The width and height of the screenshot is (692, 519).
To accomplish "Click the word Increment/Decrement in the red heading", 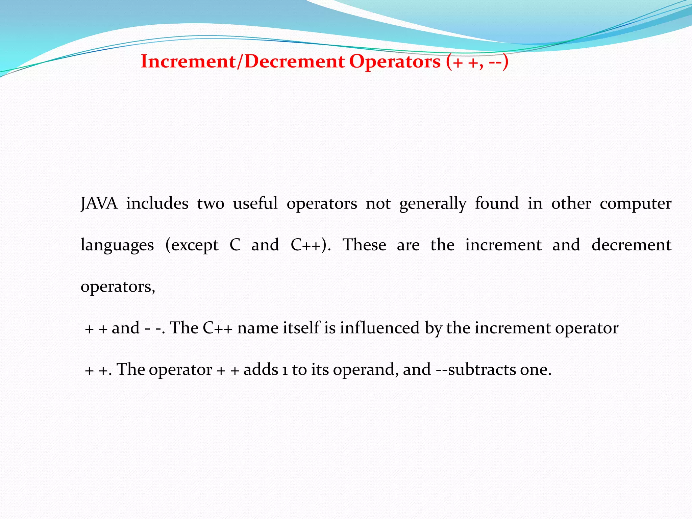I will (243, 62).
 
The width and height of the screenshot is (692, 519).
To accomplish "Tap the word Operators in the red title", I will (395, 62).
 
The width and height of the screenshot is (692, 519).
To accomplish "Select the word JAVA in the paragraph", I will (99, 204).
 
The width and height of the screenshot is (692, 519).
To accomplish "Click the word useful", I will (255, 204).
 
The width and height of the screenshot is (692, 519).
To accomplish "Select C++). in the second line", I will (310, 245).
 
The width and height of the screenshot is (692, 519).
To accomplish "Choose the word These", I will (364, 245).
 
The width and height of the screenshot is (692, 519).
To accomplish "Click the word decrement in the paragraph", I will (631, 245).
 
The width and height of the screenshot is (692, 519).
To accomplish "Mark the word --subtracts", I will (476, 370).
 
